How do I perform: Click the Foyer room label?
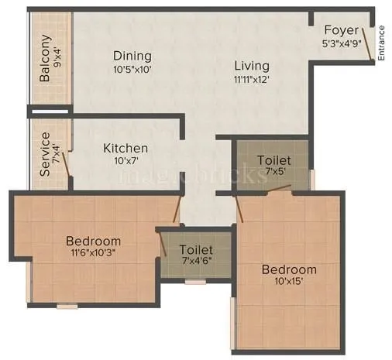click(x=342, y=30)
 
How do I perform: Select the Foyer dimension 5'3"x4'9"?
click(x=342, y=43)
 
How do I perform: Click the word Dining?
click(x=132, y=56)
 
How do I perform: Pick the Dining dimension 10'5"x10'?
click(x=132, y=70)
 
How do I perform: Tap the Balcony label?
click(x=45, y=58)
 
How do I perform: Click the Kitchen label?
click(x=126, y=148)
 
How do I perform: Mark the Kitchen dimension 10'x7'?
click(x=126, y=162)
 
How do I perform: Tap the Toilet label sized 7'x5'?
click(x=273, y=160)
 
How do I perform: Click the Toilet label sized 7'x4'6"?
click(x=196, y=250)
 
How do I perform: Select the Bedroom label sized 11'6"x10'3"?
click(x=93, y=241)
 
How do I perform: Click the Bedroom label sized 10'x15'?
click(x=288, y=269)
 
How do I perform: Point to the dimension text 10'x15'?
click(x=288, y=283)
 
